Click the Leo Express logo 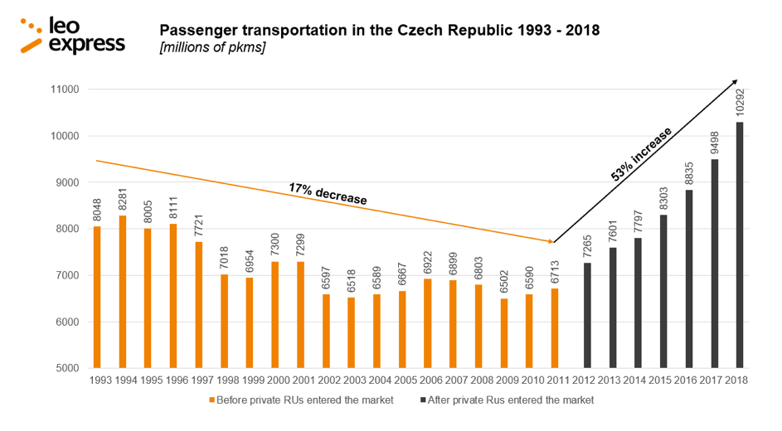pyautogui.click(x=73, y=36)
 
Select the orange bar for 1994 pyautogui.click(x=123, y=292)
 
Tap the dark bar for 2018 pyautogui.click(x=738, y=245)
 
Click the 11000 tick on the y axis pyautogui.click(x=63, y=90)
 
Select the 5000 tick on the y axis pyautogui.click(x=63, y=368)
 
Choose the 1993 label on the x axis pyautogui.click(x=97, y=380)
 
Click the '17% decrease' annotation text pyautogui.click(x=328, y=193)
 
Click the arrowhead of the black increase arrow pyautogui.click(x=734, y=82)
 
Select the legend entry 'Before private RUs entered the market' pyautogui.click(x=301, y=400)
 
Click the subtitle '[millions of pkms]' pyautogui.click(x=211, y=49)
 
